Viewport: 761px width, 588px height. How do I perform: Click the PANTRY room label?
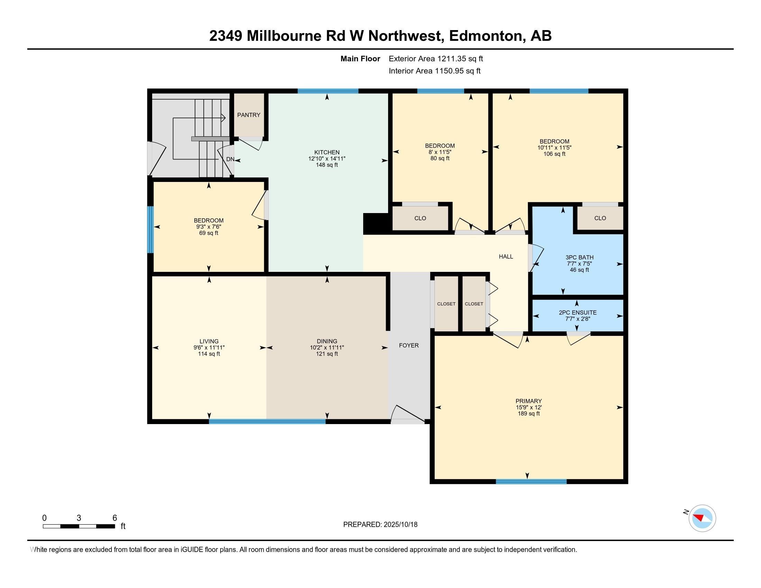(248, 115)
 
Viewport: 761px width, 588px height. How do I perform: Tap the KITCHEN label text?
(327, 152)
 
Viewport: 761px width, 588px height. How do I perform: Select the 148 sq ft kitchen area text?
(327, 165)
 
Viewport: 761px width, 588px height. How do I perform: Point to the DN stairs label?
(230, 159)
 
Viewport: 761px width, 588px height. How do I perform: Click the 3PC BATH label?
(579, 257)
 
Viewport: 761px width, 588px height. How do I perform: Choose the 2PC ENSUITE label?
(577, 312)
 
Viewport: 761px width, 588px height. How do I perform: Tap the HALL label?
(506, 257)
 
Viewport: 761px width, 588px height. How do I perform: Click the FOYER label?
(409, 345)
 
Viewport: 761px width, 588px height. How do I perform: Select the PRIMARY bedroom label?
(528, 401)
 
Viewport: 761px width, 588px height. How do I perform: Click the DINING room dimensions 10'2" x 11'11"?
(327, 348)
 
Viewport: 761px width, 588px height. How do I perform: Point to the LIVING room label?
(209, 341)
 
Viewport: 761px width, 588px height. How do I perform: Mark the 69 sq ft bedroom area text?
(208, 233)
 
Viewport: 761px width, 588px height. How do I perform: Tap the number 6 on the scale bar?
(114, 518)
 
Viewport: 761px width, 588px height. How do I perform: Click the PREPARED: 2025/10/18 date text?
(380, 524)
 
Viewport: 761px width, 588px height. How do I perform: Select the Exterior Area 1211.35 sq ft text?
(435, 59)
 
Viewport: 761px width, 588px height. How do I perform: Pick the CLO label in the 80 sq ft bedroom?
(420, 218)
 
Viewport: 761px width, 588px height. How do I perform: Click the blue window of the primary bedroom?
(531, 482)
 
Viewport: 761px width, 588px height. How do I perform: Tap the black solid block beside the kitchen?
(376, 224)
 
